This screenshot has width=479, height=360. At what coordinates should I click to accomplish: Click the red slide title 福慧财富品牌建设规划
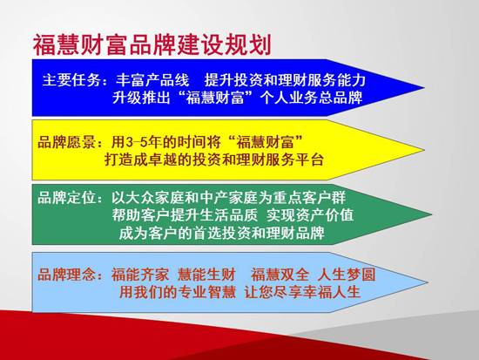point(152,44)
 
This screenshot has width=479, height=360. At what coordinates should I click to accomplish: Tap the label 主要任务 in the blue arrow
point(71,80)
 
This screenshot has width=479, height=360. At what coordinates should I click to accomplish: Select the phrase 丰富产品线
point(152,80)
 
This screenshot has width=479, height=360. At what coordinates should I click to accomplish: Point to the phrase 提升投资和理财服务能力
point(285,80)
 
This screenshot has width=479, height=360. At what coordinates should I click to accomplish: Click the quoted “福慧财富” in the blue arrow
point(216,98)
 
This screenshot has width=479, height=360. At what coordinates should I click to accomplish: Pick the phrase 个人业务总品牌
point(311,98)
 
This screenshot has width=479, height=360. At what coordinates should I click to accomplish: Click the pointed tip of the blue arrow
point(424,88)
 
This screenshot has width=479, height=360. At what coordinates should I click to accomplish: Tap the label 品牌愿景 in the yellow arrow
point(66,142)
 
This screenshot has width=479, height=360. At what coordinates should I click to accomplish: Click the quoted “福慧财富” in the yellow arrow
point(265,141)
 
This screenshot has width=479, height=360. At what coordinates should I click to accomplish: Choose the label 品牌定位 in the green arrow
point(66,198)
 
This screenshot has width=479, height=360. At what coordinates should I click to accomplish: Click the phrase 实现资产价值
point(310,215)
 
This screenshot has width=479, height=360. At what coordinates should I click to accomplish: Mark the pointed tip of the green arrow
point(432,214)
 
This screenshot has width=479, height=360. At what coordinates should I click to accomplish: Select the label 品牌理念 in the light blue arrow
point(66,275)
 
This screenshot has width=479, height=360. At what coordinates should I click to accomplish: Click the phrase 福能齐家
point(140,275)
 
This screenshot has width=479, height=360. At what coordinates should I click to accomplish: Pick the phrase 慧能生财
point(206,275)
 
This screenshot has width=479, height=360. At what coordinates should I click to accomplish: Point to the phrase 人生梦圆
point(346,275)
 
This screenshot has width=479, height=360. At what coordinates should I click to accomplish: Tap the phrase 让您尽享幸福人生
point(302,292)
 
